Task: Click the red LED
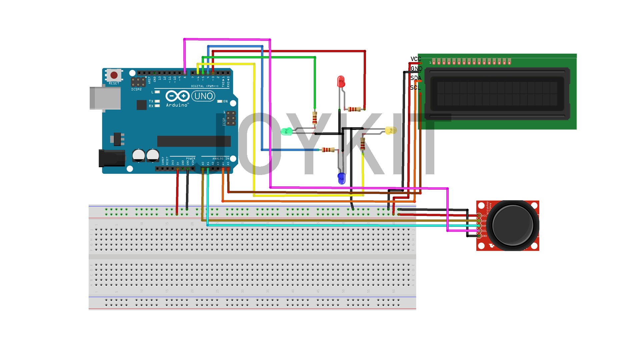pyautogui.click(x=341, y=81)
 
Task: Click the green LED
pyautogui.click(x=286, y=132)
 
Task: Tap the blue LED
pyautogui.click(x=341, y=178)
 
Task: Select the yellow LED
pyautogui.click(x=391, y=130)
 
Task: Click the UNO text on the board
pyautogui.click(x=203, y=96)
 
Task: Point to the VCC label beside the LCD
pyautogui.click(x=416, y=59)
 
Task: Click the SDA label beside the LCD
pyautogui.click(x=416, y=78)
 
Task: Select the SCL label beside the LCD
pyautogui.click(x=415, y=88)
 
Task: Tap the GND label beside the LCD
pyautogui.click(x=416, y=69)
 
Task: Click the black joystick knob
pyautogui.click(x=512, y=225)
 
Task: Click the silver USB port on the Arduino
pyautogui.click(x=105, y=98)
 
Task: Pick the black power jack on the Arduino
pyautogui.click(x=112, y=158)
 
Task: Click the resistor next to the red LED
pyautogui.click(x=354, y=109)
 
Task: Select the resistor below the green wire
pyautogui.click(x=314, y=118)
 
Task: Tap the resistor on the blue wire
pyautogui.click(x=328, y=150)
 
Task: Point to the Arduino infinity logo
pyautogui.click(x=177, y=96)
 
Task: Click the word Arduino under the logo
pyautogui.click(x=177, y=105)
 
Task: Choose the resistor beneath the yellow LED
pyautogui.click(x=363, y=144)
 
